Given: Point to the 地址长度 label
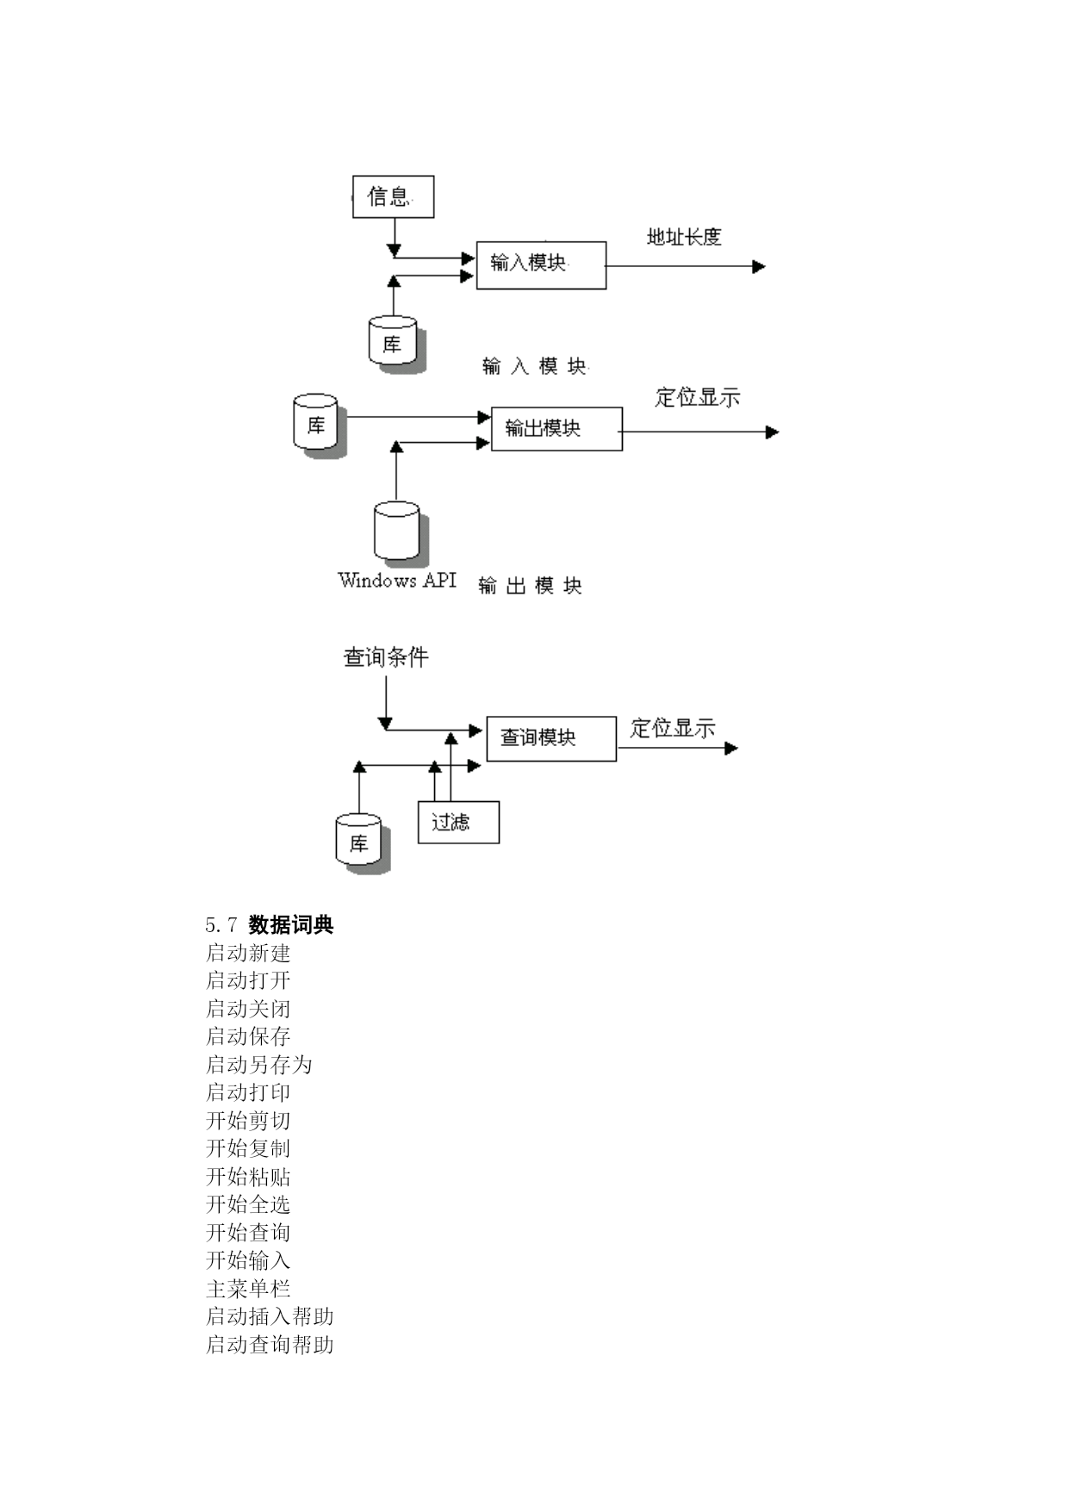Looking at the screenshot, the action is point(684,237).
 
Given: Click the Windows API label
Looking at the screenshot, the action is point(397,581).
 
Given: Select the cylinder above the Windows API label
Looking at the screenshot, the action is point(399,533).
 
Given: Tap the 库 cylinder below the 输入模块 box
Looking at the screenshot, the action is point(395,344).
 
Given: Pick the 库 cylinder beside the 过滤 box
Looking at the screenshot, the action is point(361,843).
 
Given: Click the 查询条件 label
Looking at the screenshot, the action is point(386,657).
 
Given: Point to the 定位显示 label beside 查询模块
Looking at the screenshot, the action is point(673,728).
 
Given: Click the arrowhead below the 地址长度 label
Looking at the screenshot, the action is point(759,266).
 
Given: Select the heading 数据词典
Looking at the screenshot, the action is point(291,925).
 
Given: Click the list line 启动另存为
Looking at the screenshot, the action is point(258,1065).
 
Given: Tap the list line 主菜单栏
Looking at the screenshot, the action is point(248,1289).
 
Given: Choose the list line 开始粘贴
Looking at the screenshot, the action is point(248,1177).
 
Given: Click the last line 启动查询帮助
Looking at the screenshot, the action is point(270,1345).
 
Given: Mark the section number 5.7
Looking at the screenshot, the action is point(221,926).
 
